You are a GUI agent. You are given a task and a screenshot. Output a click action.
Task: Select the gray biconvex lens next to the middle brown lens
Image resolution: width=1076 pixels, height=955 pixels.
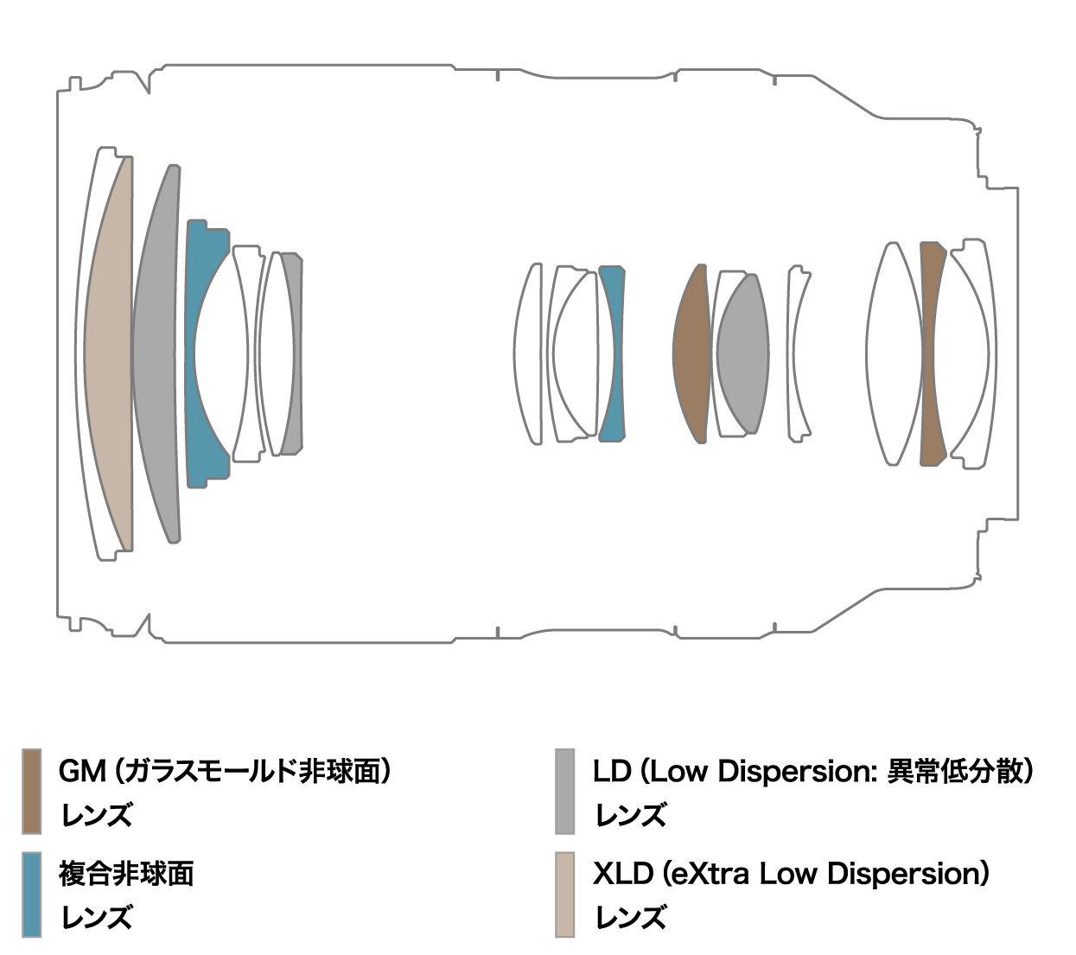pos(742,354)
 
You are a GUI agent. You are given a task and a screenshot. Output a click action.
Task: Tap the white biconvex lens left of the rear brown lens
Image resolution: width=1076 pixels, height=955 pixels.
pos(894,354)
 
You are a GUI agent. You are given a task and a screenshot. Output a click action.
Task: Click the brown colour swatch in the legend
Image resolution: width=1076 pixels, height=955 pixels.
pos(31,791)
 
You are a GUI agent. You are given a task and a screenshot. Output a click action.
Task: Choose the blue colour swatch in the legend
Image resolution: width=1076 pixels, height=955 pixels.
pos(31,895)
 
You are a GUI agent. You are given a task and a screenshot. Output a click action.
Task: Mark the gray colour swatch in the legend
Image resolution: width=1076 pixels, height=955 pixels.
pos(564,791)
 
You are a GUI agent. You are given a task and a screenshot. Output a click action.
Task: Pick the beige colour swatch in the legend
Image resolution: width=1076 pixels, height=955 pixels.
pos(564,895)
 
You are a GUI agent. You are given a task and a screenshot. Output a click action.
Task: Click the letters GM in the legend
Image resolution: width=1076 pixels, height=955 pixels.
pos(81,770)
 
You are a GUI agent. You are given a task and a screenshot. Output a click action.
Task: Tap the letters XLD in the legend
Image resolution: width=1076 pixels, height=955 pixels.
pos(621,874)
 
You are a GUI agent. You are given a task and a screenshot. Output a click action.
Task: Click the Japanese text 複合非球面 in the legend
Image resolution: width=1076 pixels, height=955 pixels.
pos(126,874)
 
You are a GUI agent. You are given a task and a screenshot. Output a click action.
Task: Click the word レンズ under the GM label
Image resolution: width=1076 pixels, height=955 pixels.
pos(96,815)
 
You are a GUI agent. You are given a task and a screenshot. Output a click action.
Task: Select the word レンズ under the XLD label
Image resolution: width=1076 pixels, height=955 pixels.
pos(630,917)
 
